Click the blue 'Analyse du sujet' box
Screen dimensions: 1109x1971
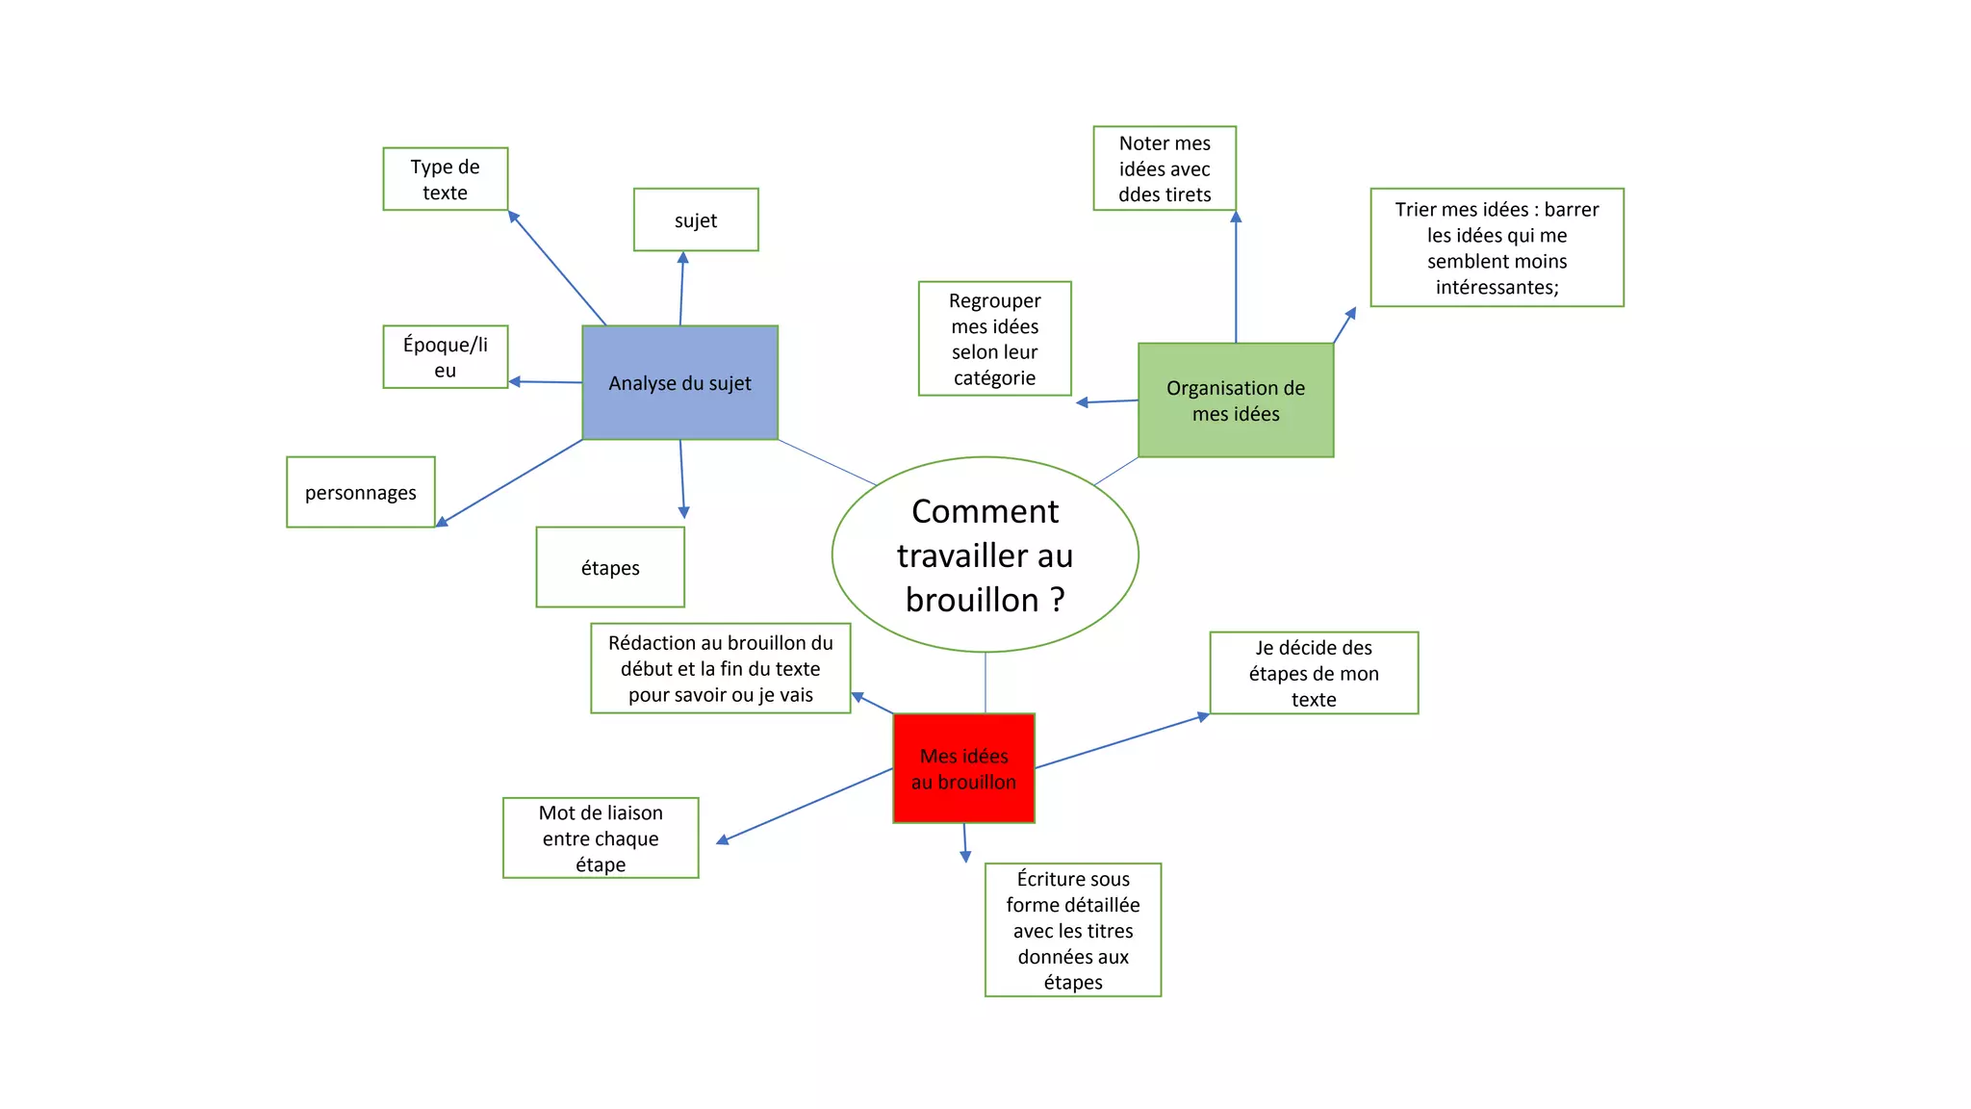(x=679, y=383)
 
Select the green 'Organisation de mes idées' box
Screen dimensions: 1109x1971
(x=1236, y=400)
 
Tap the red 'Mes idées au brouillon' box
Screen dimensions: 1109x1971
(x=963, y=768)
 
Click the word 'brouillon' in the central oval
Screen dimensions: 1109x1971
(x=972, y=600)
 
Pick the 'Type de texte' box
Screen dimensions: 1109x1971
(x=445, y=179)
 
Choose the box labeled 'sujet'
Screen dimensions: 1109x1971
(x=696, y=220)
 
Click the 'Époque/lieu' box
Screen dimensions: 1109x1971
(x=445, y=357)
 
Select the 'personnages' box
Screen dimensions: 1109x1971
(x=360, y=492)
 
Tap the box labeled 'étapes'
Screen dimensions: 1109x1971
(x=610, y=567)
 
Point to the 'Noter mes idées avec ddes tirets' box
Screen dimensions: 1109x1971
(x=1165, y=168)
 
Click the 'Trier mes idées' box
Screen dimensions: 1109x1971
(x=1497, y=247)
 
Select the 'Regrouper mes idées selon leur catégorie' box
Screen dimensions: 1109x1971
(x=994, y=339)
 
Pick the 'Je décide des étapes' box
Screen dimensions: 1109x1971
(x=1314, y=673)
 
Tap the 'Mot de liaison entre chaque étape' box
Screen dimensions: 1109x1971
(x=601, y=838)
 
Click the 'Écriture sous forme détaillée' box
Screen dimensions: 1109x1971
(x=1073, y=930)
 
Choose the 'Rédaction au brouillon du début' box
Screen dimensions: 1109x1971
(x=721, y=668)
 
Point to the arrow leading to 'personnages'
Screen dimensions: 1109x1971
(x=510, y=482)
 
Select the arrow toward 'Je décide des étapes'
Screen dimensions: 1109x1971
(x=1121, y=742)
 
